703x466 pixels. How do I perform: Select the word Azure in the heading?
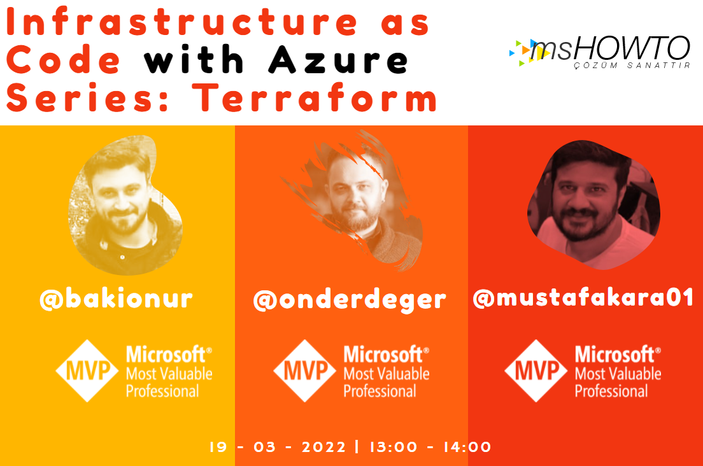339,59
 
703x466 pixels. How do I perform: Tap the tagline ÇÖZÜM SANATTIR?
632,66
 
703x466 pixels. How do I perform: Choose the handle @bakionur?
116,299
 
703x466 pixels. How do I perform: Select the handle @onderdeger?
350,300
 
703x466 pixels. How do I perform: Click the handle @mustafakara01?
583,297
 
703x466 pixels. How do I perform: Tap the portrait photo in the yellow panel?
125,205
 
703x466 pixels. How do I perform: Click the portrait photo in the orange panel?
354,201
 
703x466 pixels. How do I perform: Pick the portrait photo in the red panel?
593,205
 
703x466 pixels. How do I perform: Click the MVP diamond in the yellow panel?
87,371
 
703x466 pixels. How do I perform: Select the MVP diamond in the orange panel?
305,371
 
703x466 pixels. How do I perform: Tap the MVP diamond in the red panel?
536,371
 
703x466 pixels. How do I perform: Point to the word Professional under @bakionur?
162,391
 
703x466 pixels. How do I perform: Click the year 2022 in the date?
323,447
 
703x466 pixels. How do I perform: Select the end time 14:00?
467,447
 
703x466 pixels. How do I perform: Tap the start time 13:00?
393,447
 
